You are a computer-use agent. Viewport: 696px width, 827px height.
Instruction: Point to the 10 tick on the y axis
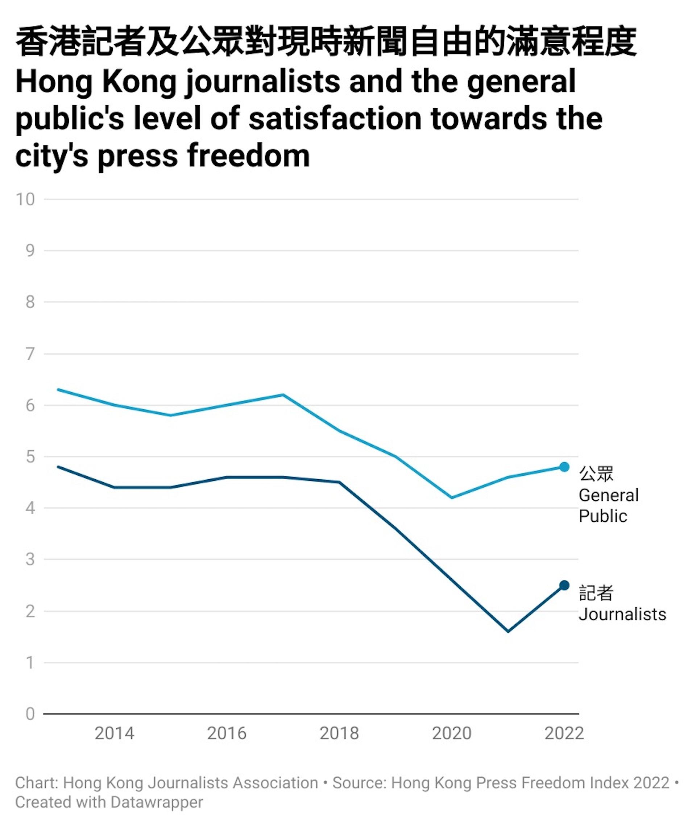point(25,199)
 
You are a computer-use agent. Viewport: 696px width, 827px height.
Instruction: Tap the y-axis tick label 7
point(30,354)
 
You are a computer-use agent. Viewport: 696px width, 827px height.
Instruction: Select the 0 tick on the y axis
point(30,714)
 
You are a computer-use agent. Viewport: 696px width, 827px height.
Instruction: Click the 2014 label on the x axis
point(115,733)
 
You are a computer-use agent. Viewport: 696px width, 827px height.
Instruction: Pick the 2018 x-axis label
point(339,733)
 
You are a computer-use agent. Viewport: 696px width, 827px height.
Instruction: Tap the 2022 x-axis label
point(564,733)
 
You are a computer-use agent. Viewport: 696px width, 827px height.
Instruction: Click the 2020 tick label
point(452,733)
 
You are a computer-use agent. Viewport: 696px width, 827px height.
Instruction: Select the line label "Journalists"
point(622,614)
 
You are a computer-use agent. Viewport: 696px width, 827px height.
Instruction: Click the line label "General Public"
point(608,505)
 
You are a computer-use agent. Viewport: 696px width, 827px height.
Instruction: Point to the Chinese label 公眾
point(596,474)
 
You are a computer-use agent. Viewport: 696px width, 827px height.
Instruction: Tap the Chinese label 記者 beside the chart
point(596,593)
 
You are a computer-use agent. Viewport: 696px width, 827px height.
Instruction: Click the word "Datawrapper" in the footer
point(157,802)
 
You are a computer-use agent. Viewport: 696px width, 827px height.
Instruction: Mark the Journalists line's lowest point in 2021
point(508,631)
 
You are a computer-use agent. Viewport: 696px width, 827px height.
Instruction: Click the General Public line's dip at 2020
point(452,497)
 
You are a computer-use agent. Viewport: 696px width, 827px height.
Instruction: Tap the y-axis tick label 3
point(30,559)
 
